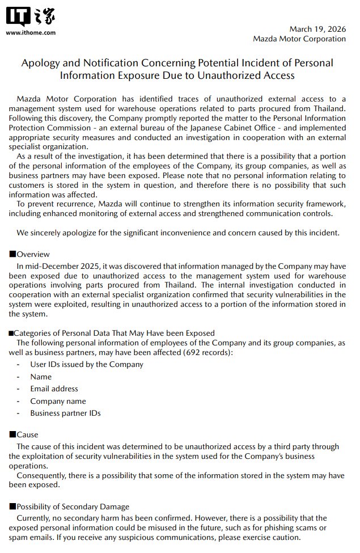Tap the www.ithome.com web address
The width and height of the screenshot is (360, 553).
coord(31,32)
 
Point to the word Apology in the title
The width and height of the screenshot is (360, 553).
coord(39,63)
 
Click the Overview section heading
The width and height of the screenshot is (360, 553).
coord(33,254)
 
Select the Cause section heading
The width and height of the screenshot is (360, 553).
coord(27,434)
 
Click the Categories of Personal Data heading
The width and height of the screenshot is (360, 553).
coord(113,333)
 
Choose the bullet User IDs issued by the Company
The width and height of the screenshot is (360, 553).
coord(87,364)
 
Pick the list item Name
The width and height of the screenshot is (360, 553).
coord(41,377)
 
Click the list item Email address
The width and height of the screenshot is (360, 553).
coord(54,389)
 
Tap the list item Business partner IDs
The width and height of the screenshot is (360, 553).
coord(65,413)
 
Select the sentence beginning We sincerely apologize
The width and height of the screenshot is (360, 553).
coord(178,233)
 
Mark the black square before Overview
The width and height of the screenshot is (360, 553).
coord(12,254)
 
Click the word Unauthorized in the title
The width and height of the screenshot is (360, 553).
coord(218,75)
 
